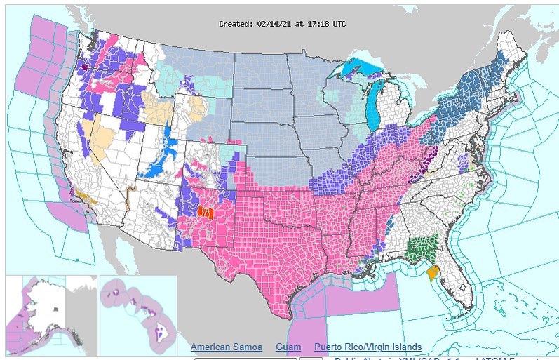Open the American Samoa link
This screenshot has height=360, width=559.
pos(226,347)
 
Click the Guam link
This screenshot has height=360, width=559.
pos(288,347)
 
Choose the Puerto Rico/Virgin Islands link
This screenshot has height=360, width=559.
pos(368,347)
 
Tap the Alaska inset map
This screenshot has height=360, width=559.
pos(49,309)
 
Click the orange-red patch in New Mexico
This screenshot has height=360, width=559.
pos(205,211)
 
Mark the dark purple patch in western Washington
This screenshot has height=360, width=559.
pos(84,69)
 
